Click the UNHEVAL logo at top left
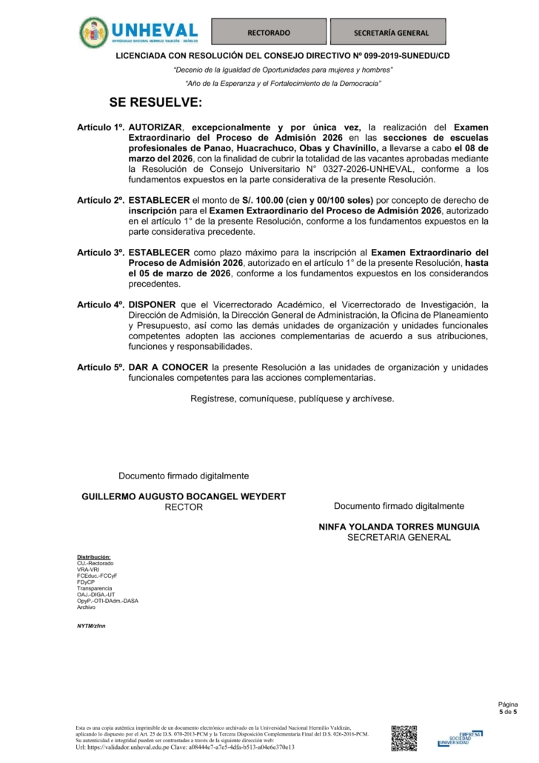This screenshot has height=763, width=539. coord(139,31)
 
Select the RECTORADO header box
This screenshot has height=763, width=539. coord(268,33)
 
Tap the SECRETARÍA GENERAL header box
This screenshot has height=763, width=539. coord(391,33)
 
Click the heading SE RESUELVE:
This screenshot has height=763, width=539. coord(155,101)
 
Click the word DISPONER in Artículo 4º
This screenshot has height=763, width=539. coord(152,304)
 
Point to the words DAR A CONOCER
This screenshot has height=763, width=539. coord(167,367)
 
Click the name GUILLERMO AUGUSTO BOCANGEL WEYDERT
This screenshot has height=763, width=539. coord(183,496)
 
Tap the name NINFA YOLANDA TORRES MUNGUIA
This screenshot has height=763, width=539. coord(398,527)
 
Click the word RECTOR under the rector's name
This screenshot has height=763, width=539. coord(183,507)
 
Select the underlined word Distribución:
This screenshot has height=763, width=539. coord(93,557)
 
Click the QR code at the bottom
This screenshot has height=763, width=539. coord(404,738)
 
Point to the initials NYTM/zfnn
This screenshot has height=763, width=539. coord(91,626)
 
